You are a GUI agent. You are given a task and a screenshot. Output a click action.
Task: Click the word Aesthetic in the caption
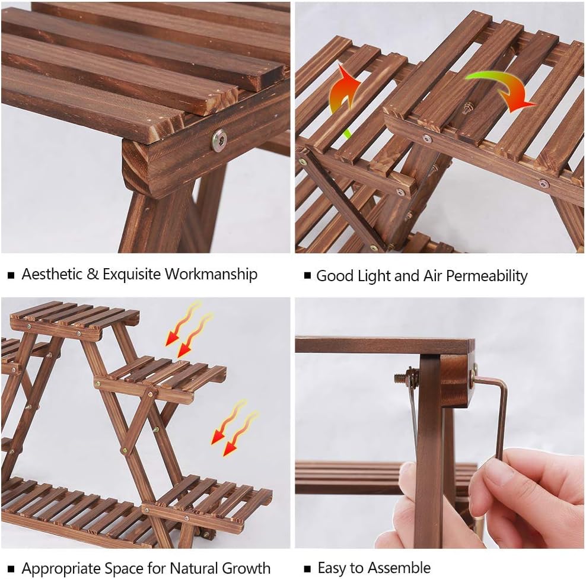pos(52,274)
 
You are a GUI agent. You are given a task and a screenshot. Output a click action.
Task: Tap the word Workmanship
pos(211,274)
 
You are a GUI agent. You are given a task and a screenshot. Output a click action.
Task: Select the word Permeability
pos(486,276)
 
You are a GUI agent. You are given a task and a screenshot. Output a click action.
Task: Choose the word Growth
pos(246,568)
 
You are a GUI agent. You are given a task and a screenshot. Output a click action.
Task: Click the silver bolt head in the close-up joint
pos(219,140)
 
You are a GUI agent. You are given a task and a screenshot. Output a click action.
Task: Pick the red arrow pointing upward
pos(344,94)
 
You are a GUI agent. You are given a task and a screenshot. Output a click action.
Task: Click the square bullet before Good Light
pos(308,276)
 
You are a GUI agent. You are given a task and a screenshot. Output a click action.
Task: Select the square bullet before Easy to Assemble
pos(308,568)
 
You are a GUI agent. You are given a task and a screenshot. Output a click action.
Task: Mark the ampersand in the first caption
pos(93,274)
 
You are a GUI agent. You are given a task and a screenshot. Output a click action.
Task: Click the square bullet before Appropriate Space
pos(11,569)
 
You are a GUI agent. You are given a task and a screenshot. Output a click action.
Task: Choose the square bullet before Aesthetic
pos(11,275)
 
